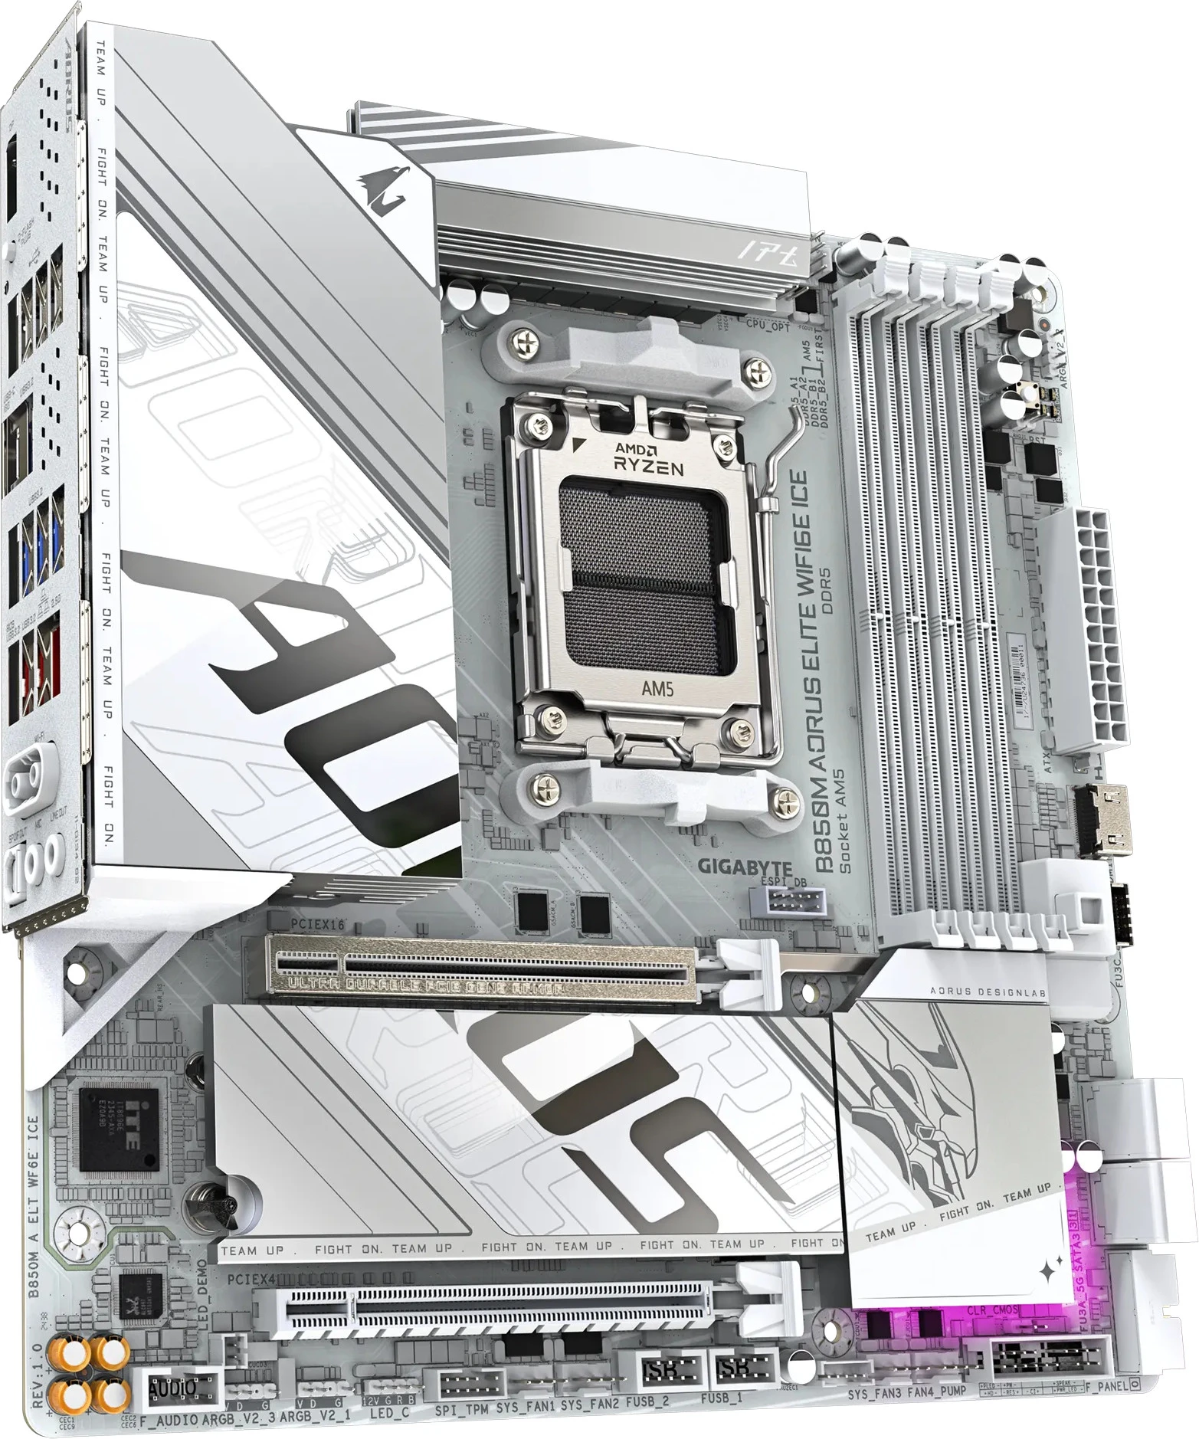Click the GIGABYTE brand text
[733, 868]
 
